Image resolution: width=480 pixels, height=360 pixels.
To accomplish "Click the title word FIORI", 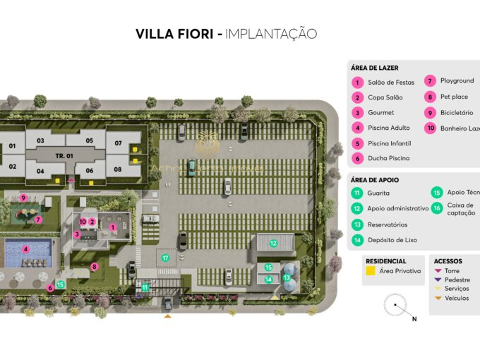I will [x=193, y=34].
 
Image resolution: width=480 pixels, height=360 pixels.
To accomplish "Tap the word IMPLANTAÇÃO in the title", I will [x=271, y=34].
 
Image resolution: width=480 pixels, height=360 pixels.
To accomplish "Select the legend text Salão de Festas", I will [x=390, y=83].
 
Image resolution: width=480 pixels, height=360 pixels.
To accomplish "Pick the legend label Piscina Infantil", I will [x=389, y=143].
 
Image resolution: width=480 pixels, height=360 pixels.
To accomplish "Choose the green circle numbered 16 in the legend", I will [x=437, y=208].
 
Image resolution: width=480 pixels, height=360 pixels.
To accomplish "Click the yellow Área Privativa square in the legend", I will [x=369, y=270].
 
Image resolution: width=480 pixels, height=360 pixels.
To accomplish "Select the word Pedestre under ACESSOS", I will [x=457, y=280].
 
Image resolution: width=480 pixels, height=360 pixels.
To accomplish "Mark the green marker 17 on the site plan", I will [x=165, y=258].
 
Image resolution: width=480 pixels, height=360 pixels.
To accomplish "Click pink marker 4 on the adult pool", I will [x=25, y=248].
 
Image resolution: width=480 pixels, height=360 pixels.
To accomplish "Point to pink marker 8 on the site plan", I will [x=94, y=267].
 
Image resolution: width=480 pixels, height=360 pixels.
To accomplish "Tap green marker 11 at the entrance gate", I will [x=145, y=287].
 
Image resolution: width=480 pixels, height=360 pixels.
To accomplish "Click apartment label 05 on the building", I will [x=90, y=140].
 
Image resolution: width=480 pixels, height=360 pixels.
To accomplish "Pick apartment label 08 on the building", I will [x=117, y=169].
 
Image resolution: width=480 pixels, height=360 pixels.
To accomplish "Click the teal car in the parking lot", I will [x=191, y=167].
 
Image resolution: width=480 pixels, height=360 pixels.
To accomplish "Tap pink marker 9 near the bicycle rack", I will [x=23, y=198].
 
